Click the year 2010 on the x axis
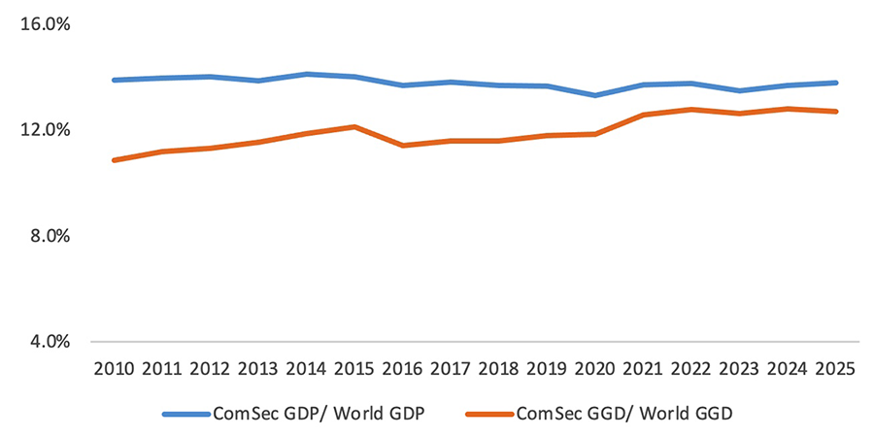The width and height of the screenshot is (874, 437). click(x=115, y=370)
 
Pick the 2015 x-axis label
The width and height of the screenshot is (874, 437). click(x=355, y=370)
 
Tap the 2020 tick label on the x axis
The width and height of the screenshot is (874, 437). click(x=595, y=370)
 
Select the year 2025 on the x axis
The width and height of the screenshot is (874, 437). click(x=836, y=370)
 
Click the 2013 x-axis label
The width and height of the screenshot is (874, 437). click(x=259, y=370)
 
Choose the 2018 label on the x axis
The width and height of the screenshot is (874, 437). click(x=499, y=370)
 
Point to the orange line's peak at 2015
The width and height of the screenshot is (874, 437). click(x=355, y=126)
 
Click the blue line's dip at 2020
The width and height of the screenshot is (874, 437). click(x=595, y=95)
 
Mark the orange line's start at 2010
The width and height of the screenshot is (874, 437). click(x=115, y=159)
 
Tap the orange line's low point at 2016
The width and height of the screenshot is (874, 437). click(x=403, y=146)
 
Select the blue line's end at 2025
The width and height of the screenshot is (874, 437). click(x=836, y=83)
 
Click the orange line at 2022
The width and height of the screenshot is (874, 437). click(x=691, y=109)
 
